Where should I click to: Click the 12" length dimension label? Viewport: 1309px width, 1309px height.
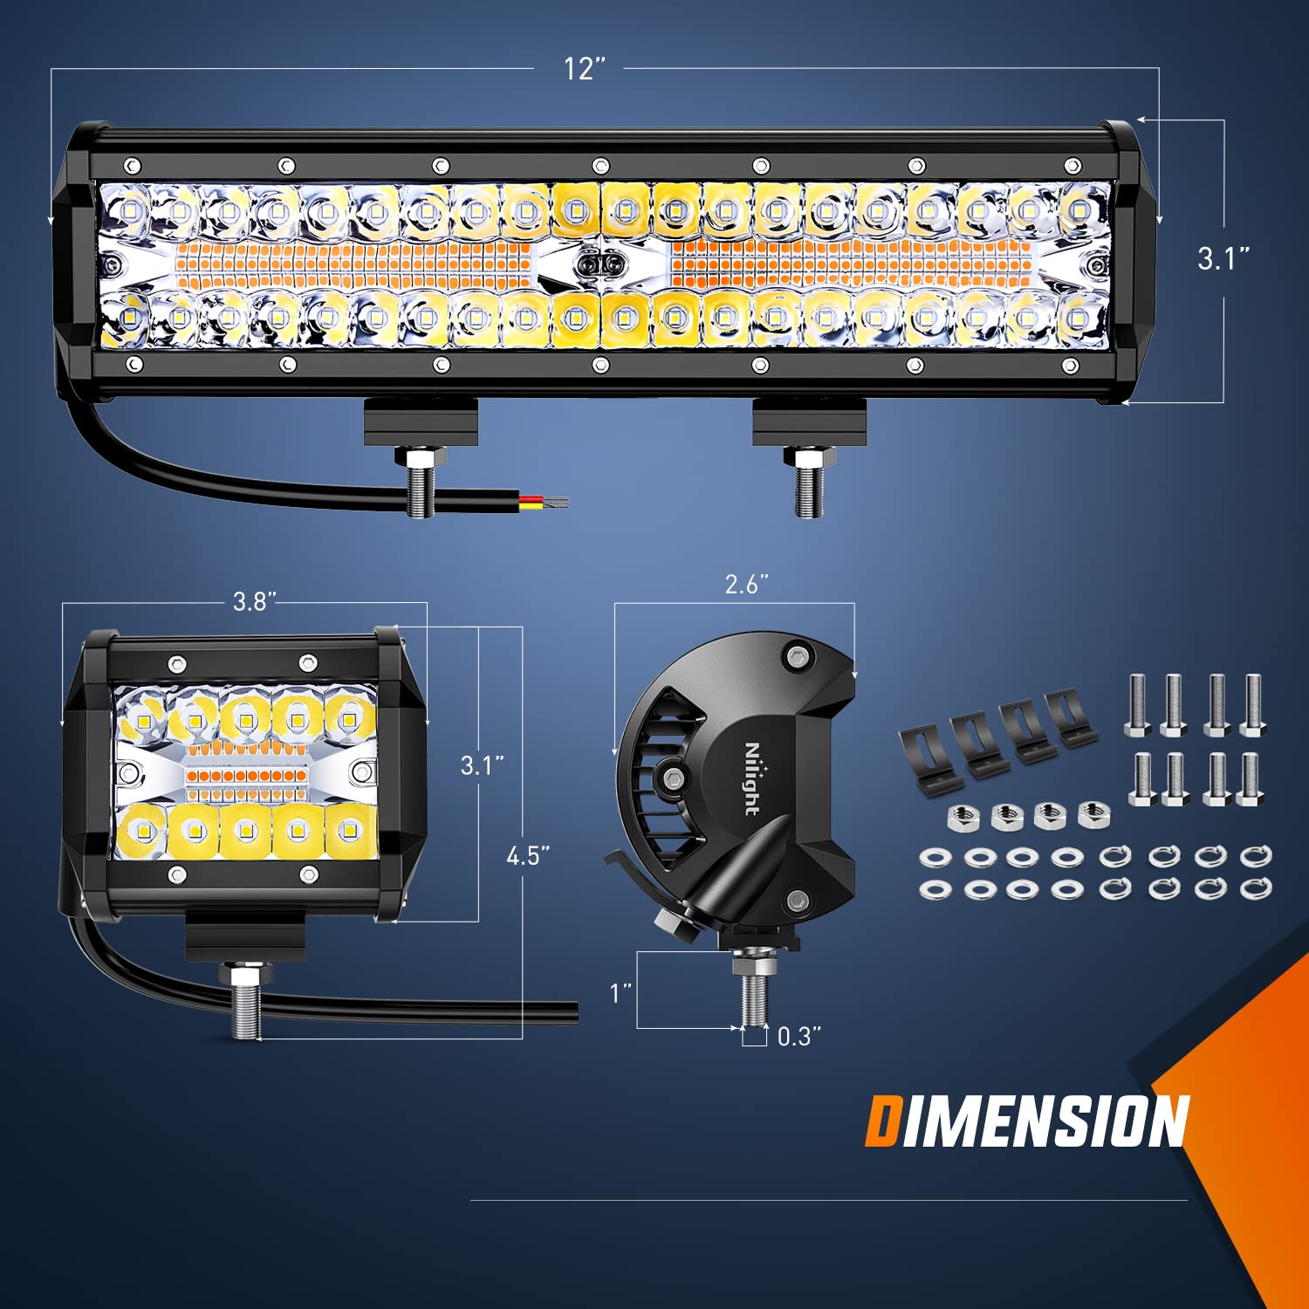584,68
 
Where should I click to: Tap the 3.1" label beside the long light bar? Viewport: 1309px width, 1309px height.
1223,258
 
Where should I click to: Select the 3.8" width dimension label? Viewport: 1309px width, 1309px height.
254,601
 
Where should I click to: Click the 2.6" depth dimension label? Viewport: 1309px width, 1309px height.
746,584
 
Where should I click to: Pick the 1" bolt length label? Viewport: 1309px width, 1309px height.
620,992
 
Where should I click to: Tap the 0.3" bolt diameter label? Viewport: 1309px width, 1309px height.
798,1036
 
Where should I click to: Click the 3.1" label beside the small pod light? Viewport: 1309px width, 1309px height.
483,765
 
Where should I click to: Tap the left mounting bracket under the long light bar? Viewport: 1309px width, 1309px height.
421,421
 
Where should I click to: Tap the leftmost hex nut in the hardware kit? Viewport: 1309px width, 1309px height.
963,819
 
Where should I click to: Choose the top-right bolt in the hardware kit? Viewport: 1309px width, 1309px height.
1252,704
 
